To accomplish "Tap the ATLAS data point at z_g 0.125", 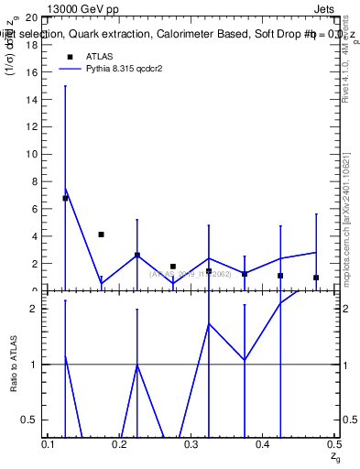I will point(65,198).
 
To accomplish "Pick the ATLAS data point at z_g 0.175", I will point(101,234).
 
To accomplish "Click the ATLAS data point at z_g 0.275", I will point(173,267).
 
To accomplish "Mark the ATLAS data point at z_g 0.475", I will point(316,278).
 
